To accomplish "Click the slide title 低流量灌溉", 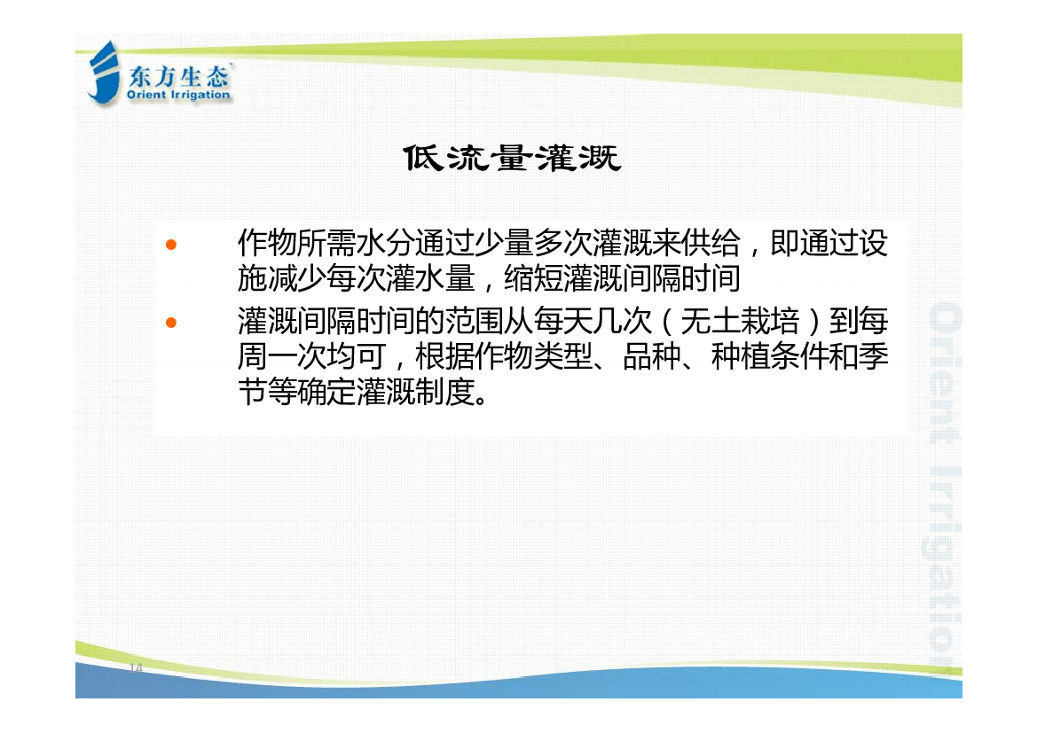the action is (512, 159).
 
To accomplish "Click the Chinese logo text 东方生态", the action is (178, 77).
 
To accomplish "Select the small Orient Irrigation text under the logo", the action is (178, 95).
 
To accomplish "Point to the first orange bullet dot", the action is (171, 245).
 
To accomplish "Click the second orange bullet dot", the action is (171, 323).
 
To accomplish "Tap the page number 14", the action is (136, 667).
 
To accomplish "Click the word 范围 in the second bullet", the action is (475, 321).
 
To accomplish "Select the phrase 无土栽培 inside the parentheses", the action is (740, 321).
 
